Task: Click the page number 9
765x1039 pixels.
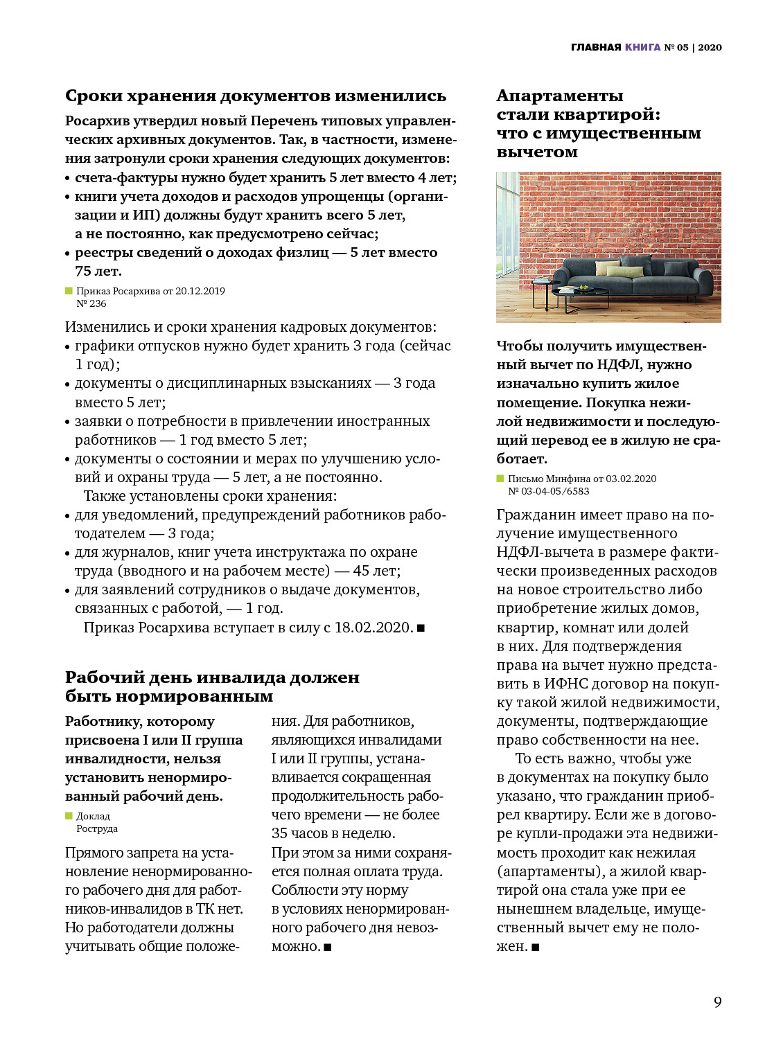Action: point(718,1002)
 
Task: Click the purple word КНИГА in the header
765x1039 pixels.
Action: point(642,47)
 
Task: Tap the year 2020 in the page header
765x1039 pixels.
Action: point(710,47)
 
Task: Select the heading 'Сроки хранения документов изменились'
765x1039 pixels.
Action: point(256,96)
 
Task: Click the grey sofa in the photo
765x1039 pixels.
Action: point(637,276)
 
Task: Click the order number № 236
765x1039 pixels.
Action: point(91,303)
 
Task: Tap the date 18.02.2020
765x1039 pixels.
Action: point(373,628)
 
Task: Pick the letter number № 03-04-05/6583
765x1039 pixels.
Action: point(549,491)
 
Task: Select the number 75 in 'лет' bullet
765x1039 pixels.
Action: point(83,272)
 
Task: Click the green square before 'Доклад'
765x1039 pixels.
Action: point(69,816)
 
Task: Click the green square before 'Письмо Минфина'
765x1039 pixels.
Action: point(500,479)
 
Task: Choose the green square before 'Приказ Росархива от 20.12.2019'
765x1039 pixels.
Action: point(69,291)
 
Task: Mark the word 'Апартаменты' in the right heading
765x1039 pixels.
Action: point(560,96)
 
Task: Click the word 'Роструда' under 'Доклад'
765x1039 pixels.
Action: point(97,828)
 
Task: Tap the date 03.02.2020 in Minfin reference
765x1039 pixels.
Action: point(631,479)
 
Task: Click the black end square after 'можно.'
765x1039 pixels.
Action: point(328,947)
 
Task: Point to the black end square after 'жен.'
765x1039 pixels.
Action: point(536,947)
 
